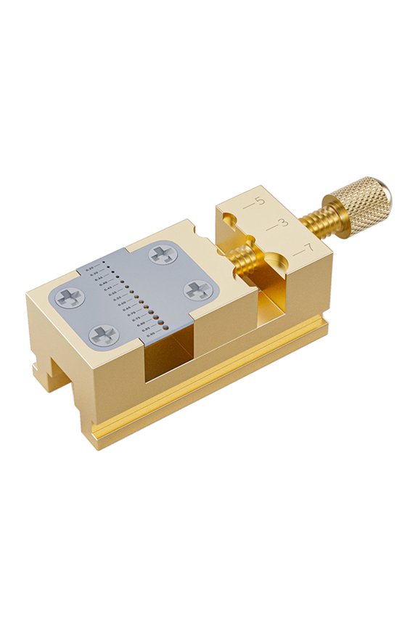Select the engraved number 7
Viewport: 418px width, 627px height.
[x=308, y=250]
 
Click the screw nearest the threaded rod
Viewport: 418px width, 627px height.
[x=196, y=290]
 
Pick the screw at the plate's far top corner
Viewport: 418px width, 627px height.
[x=160, y=254]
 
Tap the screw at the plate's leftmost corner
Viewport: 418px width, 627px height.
[x=70, y=296]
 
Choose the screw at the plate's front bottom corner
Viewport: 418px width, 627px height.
[x=103, y=334]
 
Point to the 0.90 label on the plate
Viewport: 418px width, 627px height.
[x=151, y=336]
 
